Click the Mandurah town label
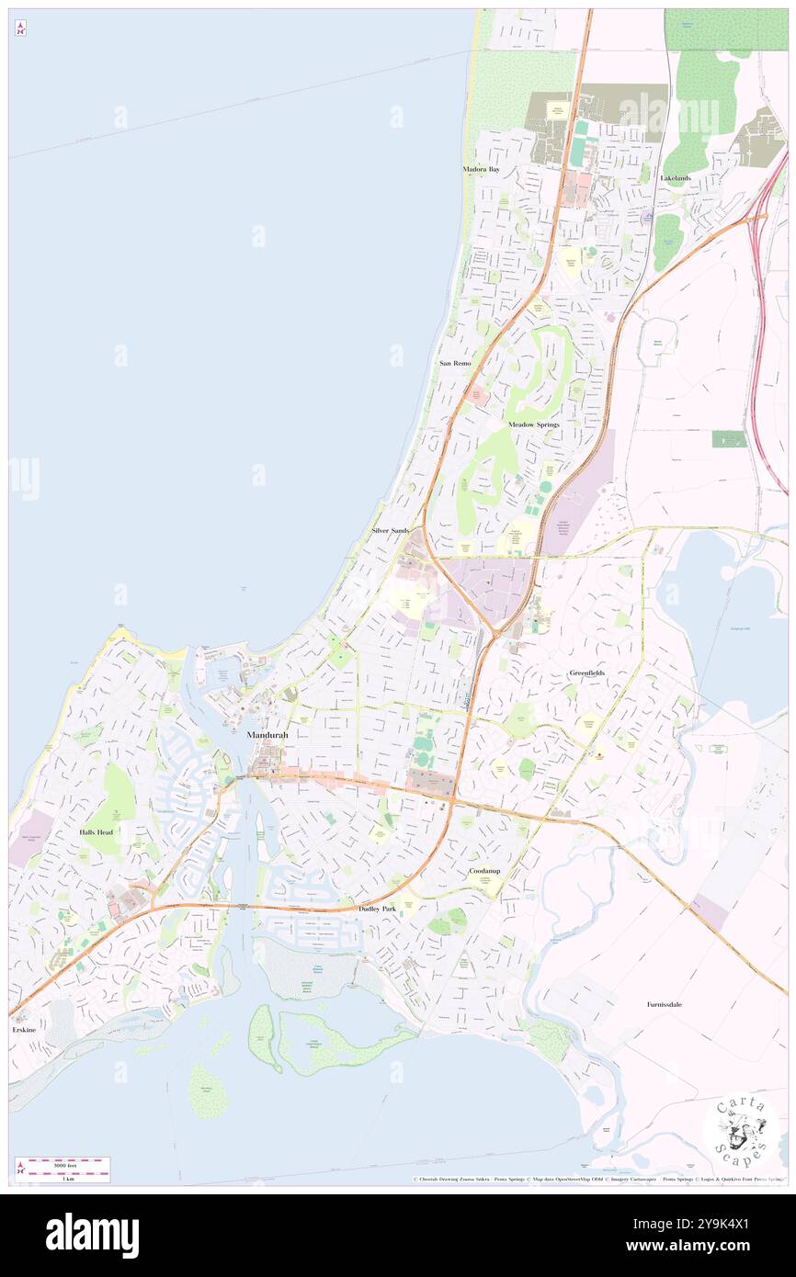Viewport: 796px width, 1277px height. [267, 735]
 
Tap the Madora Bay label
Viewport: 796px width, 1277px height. [481, 170]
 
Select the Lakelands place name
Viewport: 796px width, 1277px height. [675, 177]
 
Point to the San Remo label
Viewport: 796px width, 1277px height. [455, 364]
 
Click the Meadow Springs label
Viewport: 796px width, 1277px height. [533, 424]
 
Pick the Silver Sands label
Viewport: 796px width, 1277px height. [390, 531]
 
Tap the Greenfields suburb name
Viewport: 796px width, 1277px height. [586, 673]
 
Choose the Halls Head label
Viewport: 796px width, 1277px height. [96, 831]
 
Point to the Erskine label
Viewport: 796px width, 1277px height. [24, 1030]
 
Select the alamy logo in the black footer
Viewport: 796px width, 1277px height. [92, 1235]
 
